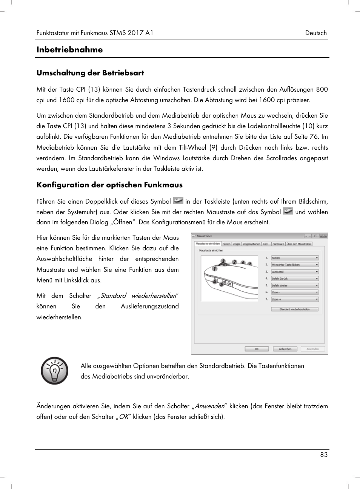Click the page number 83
pos(324,455)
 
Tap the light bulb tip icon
pos(55,371)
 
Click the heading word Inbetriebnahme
pos(69,50)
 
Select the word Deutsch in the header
pos(316,33)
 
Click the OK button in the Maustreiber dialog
pos(257,349)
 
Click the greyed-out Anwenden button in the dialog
pos(313,349)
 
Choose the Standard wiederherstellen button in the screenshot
pos(294,309)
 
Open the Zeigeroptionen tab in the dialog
pos(251,244)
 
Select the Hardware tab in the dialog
pos(278,244)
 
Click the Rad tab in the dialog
pos(265,244)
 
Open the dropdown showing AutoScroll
pos(295,272)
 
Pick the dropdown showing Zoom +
pos(295,299)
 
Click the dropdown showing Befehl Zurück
pos(295,279)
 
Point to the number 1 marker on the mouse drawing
pos(215,268)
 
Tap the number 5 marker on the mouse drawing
pos(222,284)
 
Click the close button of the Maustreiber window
pos(323,236)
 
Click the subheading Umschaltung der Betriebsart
pos(90,73)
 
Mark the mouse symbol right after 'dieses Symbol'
pos(178,201)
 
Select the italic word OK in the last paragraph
pos(124,417)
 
